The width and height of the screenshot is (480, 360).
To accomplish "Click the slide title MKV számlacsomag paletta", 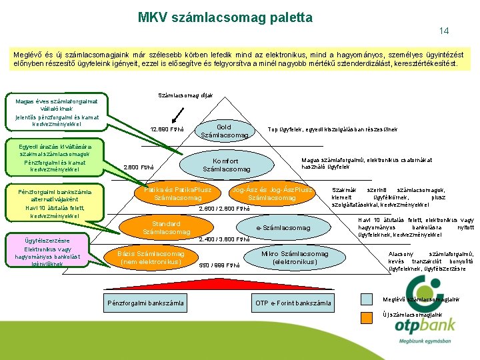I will point(225,17).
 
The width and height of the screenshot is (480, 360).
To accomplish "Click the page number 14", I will point(444,31).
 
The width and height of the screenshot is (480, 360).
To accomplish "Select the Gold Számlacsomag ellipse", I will point(224,131).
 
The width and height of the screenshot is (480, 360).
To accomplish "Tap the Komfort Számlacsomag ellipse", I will point(226,165).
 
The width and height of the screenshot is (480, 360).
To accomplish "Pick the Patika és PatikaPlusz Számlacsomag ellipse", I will point(177,194).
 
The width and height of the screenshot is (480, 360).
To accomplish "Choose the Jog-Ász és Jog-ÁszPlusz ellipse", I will point(272,194).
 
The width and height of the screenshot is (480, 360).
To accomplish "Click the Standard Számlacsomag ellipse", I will point(162,227).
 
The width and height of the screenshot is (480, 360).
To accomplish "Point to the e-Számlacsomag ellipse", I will point(284,228).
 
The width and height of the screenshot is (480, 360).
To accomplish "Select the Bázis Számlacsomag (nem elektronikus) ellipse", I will point(151,258).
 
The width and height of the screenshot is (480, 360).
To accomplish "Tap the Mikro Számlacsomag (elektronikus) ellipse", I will point(295,258).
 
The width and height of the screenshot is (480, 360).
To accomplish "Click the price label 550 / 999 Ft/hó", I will point(220,265).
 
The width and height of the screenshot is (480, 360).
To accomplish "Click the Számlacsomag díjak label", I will point(185,95).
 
